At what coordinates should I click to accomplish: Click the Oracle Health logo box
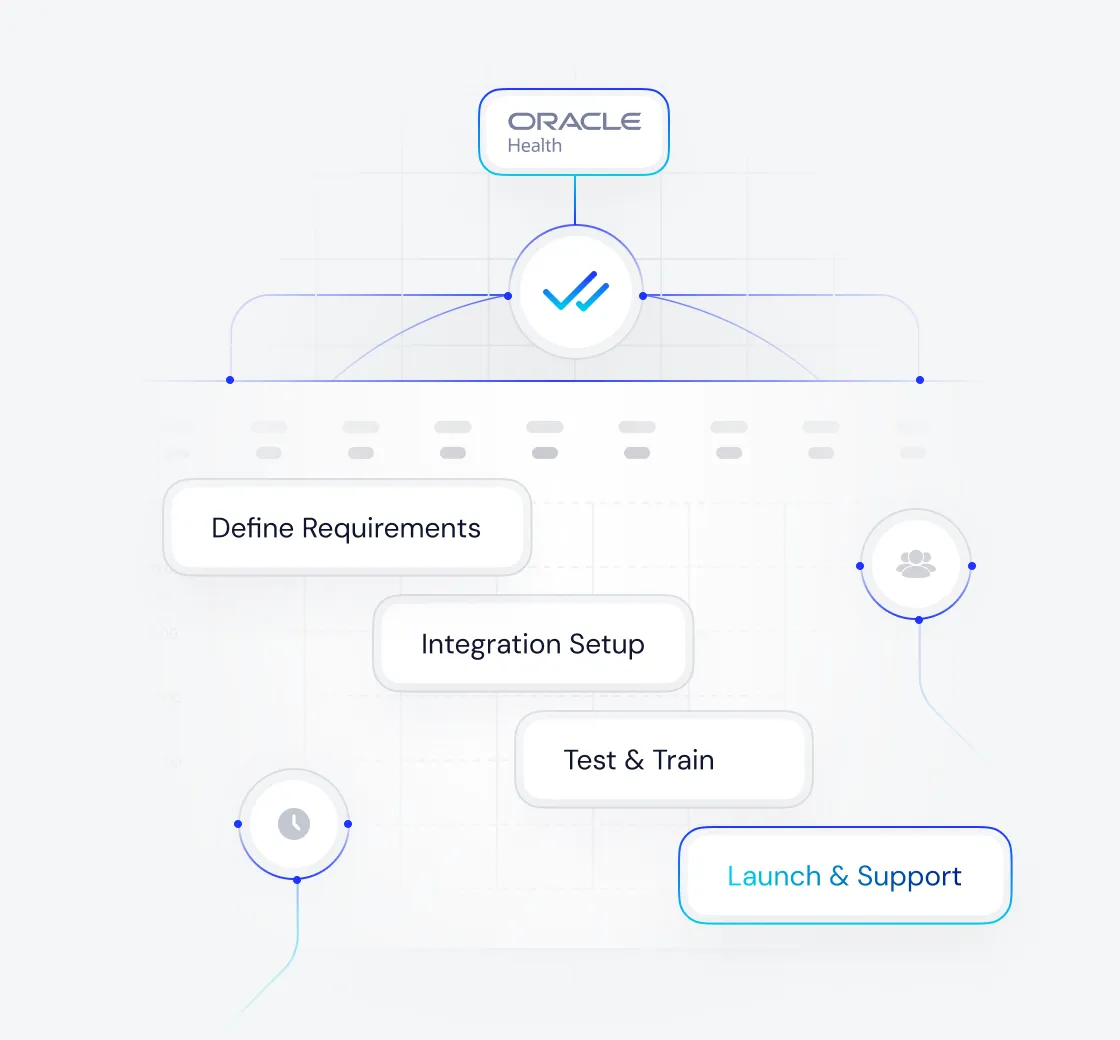click(x=573, y=132)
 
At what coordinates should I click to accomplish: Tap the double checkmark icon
click(x=575, y=292)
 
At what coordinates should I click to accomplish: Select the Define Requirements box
click(x=346, y=528)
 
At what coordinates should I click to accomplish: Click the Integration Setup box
click(x=532, y=644)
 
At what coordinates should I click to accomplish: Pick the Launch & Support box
click(x=844, y=876)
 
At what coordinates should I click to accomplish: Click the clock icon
click(x=293, y=824)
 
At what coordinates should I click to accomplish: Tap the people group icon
click(x=915, y=565)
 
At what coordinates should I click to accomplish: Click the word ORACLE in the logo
click(x=574, y=121)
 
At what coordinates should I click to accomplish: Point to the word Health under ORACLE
click(x=534, y=146)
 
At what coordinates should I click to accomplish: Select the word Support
click(x=909, y=877)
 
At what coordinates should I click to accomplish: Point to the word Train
click(x=683, y=760)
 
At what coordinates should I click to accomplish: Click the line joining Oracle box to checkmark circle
click(x=575, y=200)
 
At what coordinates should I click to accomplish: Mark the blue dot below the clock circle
click(x=297, y=880)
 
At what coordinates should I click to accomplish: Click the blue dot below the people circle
click(x=919, y=620)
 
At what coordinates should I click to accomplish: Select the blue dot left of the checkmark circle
click(x=508, y=296)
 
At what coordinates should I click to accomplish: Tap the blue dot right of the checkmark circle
click(x=642, y=296)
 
